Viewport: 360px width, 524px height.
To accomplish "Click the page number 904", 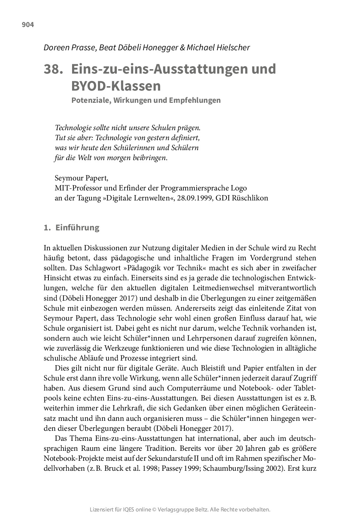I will tap(28, 25).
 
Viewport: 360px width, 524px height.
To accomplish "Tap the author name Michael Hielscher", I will tap(218, 48).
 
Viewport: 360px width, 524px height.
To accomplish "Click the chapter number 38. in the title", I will tap(51, 69).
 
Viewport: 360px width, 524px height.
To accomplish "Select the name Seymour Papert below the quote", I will tap(81, 178).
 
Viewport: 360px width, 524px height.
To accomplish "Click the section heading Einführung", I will tap(77, 227).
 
